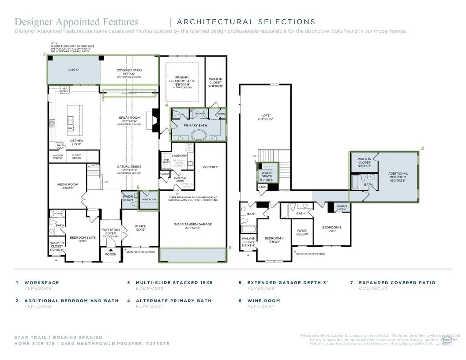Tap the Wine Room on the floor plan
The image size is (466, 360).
point(149,199)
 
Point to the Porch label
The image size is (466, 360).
point(110,254)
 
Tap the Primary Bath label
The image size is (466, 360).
point(195,126)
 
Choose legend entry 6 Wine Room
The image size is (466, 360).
point(263,300)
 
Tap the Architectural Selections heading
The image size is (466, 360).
point(246,22)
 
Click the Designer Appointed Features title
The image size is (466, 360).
point(76,22)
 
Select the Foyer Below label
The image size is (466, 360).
point(302,232)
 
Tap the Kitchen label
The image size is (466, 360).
point(76,141)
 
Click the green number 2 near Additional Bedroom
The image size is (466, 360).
point(422,149)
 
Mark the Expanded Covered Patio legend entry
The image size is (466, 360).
point(397,282)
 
